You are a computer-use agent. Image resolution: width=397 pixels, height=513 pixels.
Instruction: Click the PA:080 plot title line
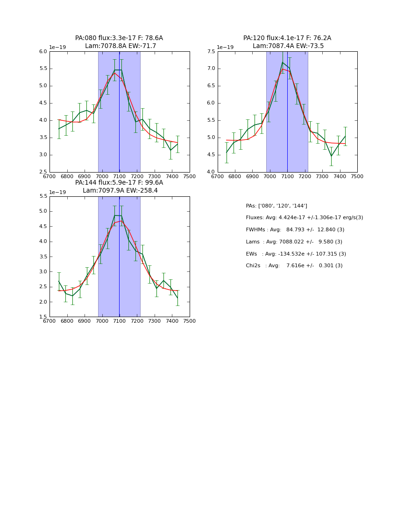point(119,38)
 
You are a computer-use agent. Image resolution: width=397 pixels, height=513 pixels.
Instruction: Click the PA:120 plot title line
point(287,38)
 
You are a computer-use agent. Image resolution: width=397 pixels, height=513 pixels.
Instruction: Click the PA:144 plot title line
point(119,183)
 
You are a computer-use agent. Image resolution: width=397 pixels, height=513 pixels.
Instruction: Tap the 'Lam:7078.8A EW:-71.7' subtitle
point(121,46)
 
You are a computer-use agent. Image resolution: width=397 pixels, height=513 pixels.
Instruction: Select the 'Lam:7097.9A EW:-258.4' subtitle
point(120,191)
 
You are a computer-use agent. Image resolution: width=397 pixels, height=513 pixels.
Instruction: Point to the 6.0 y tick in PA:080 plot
point(43,52)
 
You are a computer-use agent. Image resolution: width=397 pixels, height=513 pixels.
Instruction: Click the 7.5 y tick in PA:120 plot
point(211,52)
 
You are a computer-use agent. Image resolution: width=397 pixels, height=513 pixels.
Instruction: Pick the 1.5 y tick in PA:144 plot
point(43,317)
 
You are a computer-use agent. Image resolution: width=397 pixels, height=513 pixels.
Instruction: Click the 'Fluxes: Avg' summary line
point(304,218)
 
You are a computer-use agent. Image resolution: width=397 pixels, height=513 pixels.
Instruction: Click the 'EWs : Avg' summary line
point(295,254)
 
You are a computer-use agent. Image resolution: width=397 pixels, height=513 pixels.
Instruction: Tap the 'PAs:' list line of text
point(276,206)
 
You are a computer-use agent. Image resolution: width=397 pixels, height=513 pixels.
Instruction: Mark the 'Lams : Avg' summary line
point(294,242)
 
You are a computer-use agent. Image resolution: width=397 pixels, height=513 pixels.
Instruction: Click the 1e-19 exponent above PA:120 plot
point(225,48)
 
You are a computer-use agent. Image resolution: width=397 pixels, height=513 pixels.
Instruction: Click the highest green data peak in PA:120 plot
point(283,62)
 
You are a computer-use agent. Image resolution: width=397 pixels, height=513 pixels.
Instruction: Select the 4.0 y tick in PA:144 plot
point(43,242)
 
